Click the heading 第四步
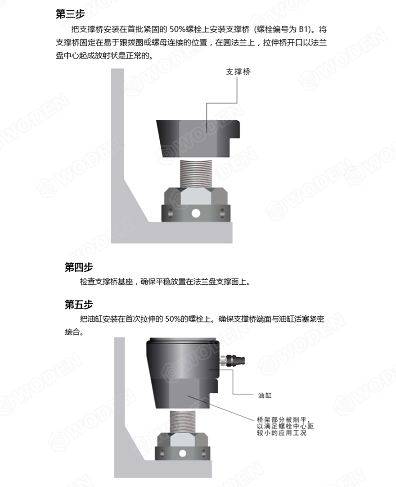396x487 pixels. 79,268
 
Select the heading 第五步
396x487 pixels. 79,305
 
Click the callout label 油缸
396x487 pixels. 265,396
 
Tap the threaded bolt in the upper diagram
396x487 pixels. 196,173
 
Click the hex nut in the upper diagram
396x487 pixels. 196,196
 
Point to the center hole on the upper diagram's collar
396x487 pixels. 196,213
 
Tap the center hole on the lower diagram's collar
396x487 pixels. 182,453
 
